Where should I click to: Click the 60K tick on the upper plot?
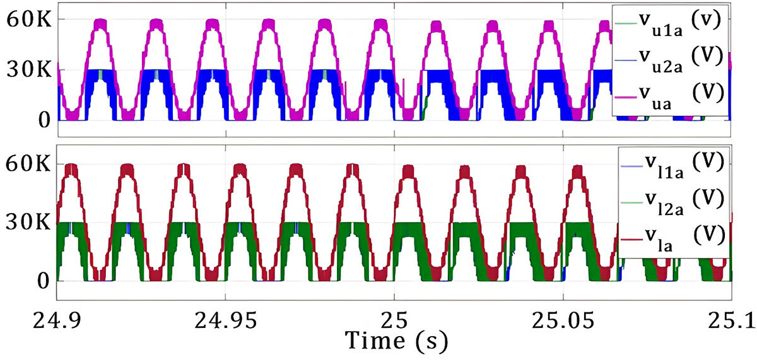point(24,19)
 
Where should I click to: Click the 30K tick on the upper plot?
point(24,70)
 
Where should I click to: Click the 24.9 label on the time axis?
point(57,321)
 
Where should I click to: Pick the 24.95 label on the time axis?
point(225,321)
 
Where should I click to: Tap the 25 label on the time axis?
point(394,321)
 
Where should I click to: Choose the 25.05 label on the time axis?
point(563,321)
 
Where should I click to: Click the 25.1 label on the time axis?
point(730,321)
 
